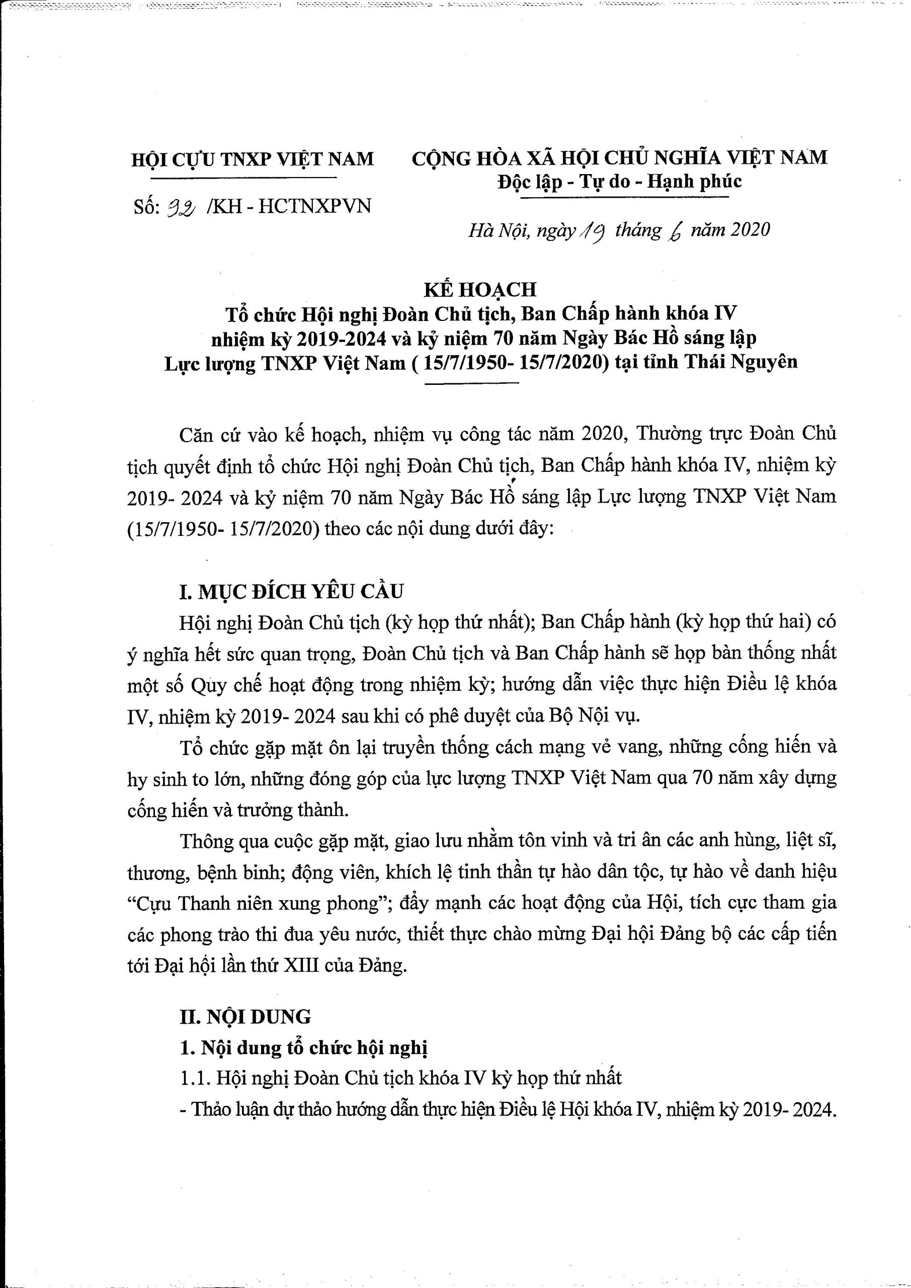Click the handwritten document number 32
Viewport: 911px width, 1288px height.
coord(179,208)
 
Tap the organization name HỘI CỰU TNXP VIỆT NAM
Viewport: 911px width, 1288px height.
coord(252,159)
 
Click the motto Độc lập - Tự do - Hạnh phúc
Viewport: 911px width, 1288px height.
coord(619,182)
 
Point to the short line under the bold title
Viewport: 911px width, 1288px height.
coord(472,384)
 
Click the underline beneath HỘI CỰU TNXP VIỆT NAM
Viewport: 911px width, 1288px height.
coord(244,178)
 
